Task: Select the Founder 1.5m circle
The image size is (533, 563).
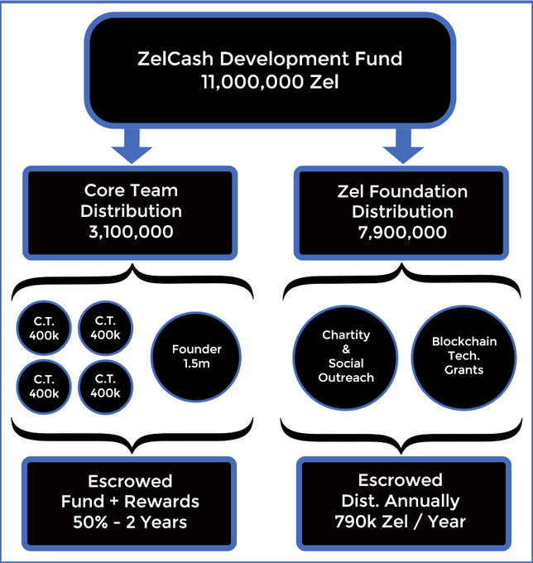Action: coord(197,355)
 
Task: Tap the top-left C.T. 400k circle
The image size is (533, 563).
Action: coord(45,329)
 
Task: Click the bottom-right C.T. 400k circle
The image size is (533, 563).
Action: coord(106,387)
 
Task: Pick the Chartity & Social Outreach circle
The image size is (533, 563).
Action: coord(346,357)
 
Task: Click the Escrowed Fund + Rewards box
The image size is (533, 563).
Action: coord(130,502)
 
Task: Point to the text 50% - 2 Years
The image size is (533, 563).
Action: coord(130,522)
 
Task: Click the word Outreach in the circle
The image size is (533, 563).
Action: coord(346,378)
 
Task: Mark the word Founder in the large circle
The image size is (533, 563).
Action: coord(197,349)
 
